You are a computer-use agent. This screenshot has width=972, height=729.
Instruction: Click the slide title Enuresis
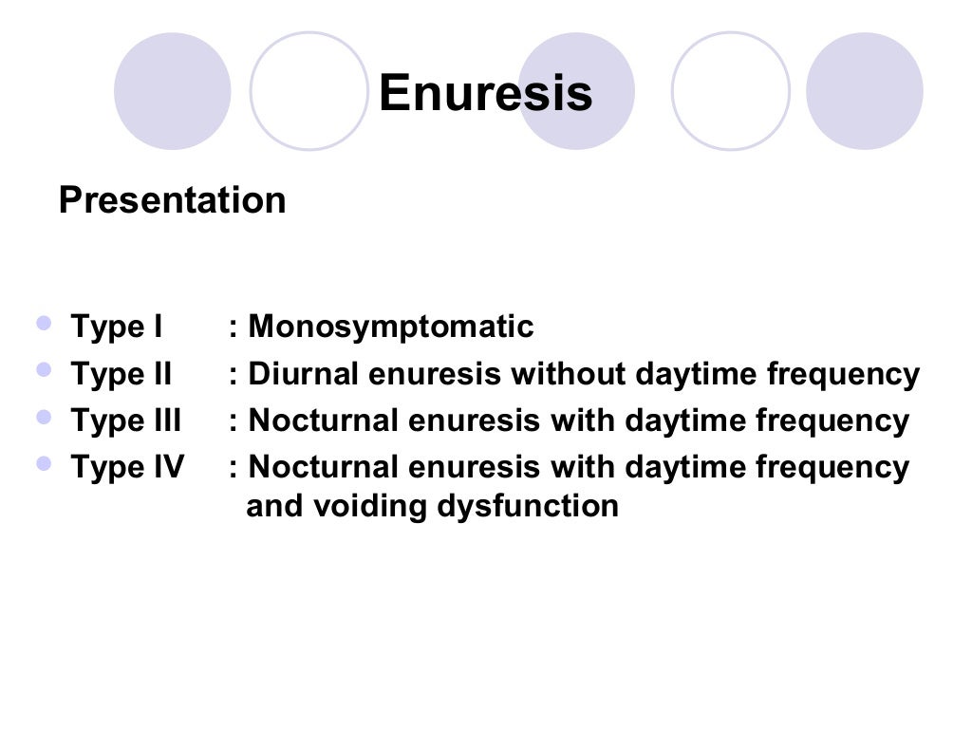(485, 93)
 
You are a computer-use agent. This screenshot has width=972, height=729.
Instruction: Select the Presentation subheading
(172, 200)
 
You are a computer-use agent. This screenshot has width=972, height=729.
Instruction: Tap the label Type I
(117, 327)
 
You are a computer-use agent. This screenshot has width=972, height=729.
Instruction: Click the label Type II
(121, 375)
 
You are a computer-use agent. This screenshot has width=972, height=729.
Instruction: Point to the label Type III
(125, 421)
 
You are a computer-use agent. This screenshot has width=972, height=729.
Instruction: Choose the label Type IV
(127, 467)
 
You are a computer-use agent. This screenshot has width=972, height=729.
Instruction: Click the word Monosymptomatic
(391, 327)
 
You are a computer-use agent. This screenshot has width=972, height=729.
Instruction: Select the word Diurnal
(303, 375)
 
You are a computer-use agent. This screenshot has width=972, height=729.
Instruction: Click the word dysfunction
(528, 506)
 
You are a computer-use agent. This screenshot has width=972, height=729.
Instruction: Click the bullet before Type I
(44, 324)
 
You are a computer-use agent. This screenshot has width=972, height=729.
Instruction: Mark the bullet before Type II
(44, 370)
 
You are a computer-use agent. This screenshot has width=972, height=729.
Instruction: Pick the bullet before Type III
(44, 417)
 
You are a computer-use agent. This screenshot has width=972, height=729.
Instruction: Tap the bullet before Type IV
(44, 463)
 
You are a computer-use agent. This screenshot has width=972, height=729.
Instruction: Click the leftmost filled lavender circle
(172, 91)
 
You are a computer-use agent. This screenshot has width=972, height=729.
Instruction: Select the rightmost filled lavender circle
(864, 91)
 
